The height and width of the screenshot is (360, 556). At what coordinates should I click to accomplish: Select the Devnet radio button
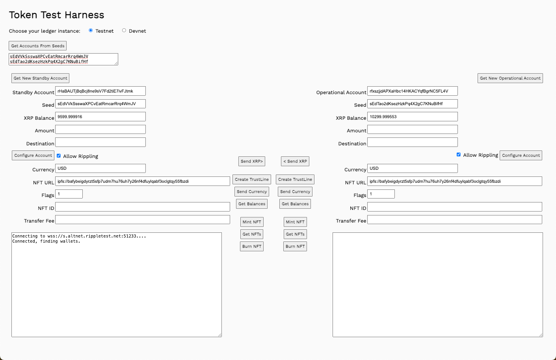tap(124, 30)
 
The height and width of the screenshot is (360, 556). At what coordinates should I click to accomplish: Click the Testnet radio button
tap(91, 30)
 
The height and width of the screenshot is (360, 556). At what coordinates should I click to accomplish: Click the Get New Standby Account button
tap(40, 78)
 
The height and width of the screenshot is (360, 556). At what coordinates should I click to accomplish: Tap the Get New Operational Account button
tap(510, 78)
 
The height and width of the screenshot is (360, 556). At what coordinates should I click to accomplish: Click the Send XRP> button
tap(251, 161)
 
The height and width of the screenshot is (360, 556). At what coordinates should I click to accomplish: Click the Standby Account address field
tap(100, 91)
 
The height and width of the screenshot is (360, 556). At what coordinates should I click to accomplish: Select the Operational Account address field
tap(412, 91)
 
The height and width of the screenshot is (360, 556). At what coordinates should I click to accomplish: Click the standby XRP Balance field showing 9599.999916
tap(100, 117)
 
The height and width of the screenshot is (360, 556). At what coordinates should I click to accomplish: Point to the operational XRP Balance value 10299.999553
tap(412, 117)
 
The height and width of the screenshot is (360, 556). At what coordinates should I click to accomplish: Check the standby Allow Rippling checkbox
tap(59, 156)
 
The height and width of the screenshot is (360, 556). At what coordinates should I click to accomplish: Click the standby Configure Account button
tap(33, 155)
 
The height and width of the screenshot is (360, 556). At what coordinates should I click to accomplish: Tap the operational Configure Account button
tap(521, 155)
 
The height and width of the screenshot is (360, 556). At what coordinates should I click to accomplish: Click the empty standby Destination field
tap(100, 142)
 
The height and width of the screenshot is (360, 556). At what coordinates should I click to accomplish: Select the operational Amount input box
tap(412, 129)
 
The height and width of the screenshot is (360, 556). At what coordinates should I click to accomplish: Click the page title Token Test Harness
tap(57, 15)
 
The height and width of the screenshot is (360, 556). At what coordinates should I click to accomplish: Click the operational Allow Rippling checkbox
tap(459, 154)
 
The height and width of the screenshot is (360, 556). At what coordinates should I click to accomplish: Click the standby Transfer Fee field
tap(143, 219)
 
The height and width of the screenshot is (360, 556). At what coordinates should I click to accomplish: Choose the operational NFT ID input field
tap(454, 207)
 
